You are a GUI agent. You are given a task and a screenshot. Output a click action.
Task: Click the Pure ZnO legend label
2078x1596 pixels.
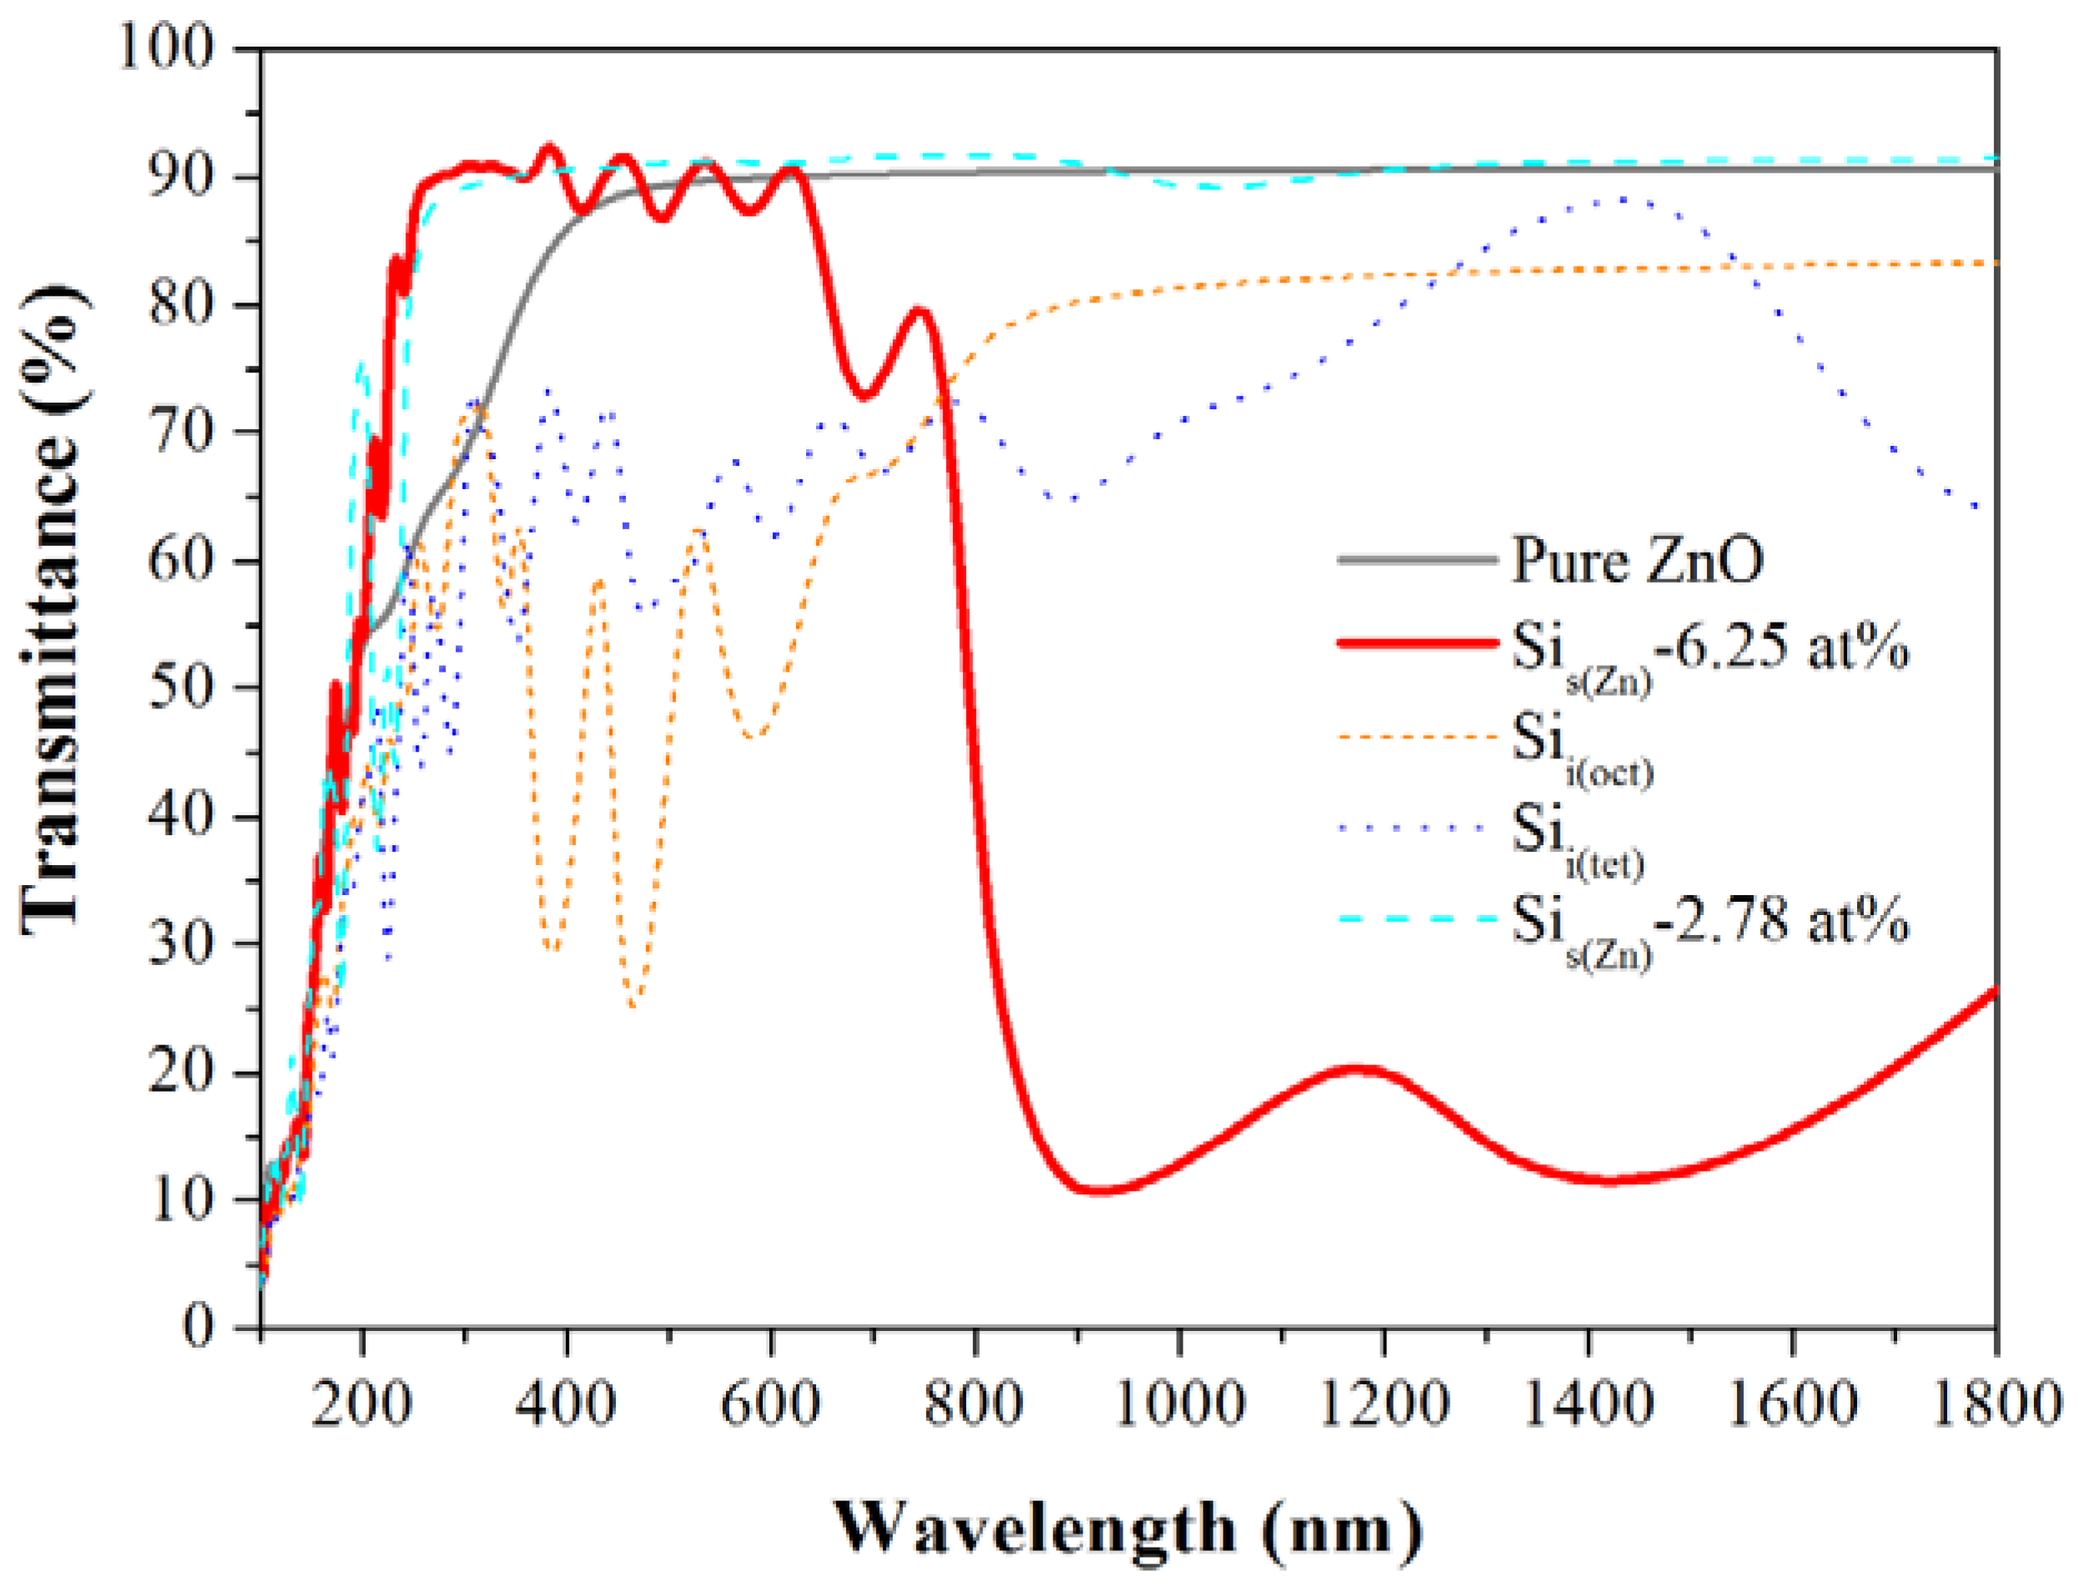(1636, 561)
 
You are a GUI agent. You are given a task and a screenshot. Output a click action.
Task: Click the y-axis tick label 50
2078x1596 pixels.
(181, 686)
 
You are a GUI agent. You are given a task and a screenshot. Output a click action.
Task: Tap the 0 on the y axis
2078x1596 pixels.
(198, 1325)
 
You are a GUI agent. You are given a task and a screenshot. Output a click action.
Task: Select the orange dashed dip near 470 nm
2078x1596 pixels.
(633, 1005)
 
